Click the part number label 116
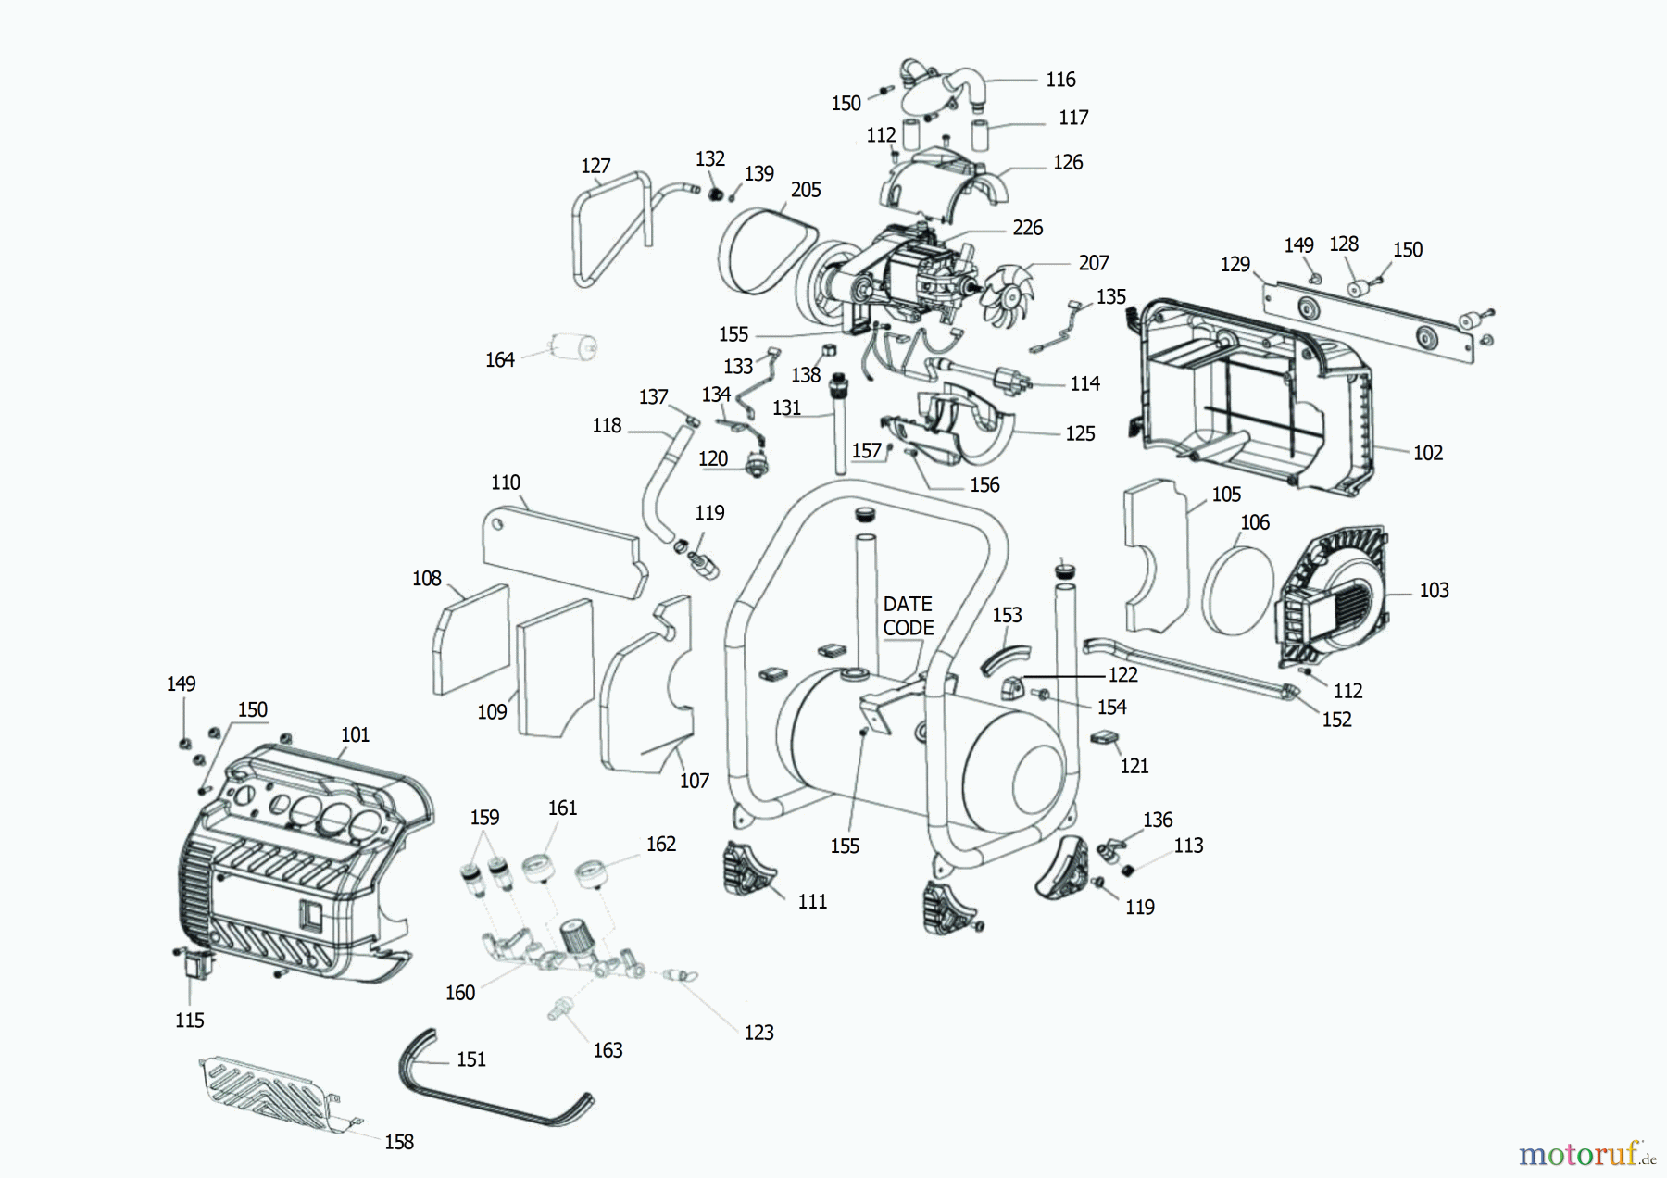pos(1060,80)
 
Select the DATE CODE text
pos(908,616)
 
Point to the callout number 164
pos(499,359)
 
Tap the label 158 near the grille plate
pos(399,1142)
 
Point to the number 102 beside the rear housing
pos(1427,453)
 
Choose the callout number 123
pos(758,1033)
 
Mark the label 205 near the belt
pos(806,190)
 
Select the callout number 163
pos(608,1050)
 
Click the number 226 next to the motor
pos(1027,228)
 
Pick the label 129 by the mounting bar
pos(1235,265)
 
